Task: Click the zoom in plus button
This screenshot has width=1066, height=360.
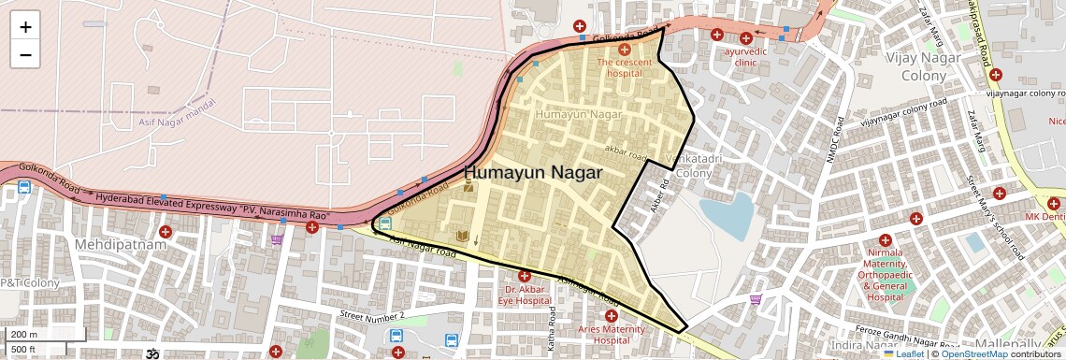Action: click(x=25, y=26)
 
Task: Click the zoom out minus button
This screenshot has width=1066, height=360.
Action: click(x=25, y=54)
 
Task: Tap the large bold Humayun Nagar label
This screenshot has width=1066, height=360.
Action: click(x=533, y=173)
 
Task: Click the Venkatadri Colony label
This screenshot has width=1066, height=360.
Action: click(x=692, y=165)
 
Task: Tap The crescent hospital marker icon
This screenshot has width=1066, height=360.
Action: click(x=625, y=48)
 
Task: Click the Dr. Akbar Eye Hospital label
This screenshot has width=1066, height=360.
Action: click(x=524, y=295)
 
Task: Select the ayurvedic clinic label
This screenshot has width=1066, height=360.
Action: click(x=745, y=57)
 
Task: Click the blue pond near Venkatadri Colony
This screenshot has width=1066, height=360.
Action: click(x=727, y=215)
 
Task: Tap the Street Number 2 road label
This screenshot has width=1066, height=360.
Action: click(x=372, y=316)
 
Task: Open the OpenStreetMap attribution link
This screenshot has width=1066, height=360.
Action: click(x=974, y=353)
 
